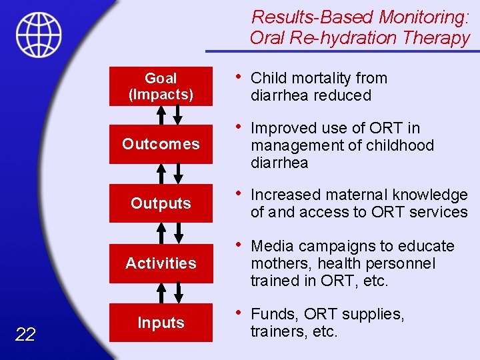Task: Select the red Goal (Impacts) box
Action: [161, 87]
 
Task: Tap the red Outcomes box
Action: [161, 144]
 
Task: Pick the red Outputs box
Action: [161, 203]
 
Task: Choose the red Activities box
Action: [161, 263]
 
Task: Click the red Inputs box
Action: [161, 323]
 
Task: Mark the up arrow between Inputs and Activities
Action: [161, 293]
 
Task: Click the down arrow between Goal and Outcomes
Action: [178, 115]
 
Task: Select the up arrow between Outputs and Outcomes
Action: [161, 173]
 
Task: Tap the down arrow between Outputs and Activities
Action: [178, 233]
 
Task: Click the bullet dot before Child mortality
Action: [239, 77]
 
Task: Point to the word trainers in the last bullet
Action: [274, 331]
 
